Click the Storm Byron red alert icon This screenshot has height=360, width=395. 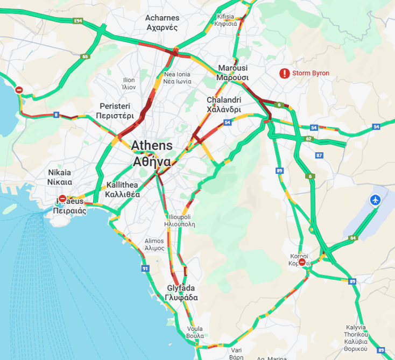(x=284, y=74)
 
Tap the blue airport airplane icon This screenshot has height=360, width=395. (x=376, y=201)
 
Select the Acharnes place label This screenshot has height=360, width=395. (x=162, y=23)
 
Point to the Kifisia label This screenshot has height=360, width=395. (x=225, y=20)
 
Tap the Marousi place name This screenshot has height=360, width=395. (x=232, y=73)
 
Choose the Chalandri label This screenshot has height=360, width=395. (x=224, y=104)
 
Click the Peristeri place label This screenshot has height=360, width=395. (x=115, y=111)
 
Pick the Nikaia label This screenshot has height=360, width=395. (x=60, y=177)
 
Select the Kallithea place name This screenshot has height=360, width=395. (x=123, y=189)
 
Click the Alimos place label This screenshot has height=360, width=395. (x=154, y=245)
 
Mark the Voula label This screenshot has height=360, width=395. (x=195, y=332)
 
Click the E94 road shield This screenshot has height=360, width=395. (x=79, y=20)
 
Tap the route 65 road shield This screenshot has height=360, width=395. (x=85, y=57)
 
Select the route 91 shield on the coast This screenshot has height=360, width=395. (x=145, y=269)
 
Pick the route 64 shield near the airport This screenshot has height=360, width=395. (x=353, y=238)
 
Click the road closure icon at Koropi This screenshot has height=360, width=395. (x=302, y=262)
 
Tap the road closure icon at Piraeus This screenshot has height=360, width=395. (x=62, y=199)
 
